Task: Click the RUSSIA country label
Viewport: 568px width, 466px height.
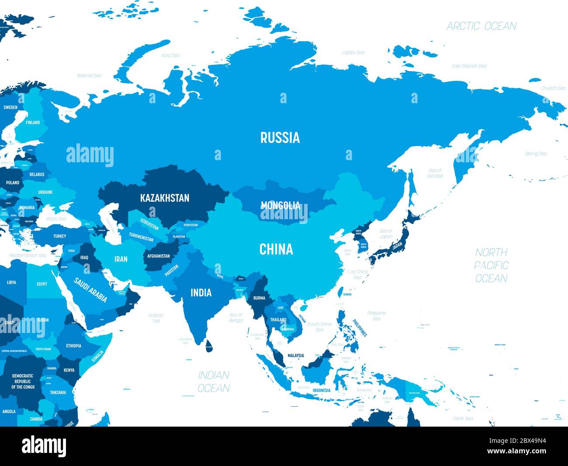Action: [280, 137]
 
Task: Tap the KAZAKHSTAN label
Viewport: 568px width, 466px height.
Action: [165, 198]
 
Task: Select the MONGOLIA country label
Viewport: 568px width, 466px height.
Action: [281, 205]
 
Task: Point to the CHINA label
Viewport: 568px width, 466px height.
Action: [276, 249]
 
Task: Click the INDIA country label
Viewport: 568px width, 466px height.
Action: [201, 292]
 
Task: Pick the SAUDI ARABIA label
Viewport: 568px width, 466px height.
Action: [90, 290]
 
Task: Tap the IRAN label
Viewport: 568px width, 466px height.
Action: [121, 259]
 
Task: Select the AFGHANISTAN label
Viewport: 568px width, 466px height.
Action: [159, 256]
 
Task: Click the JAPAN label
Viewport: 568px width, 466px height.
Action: [397, 246]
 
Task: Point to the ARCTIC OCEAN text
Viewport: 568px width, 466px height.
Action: [481, 26]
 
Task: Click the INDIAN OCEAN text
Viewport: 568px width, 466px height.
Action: [214, 382]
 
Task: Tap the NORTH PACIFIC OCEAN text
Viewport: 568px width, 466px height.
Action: [492, 265]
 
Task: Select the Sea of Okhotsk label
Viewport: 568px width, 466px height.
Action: [435, 173]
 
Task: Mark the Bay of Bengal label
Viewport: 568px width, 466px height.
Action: [236, 318]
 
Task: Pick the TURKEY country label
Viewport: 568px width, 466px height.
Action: [60, 236]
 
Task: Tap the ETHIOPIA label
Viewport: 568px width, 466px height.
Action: [74, 346]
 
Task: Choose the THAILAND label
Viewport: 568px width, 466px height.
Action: [278, 319]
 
